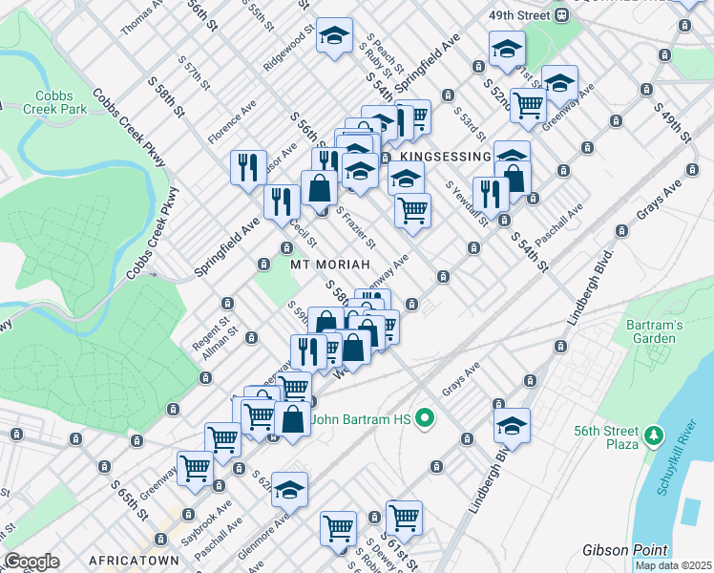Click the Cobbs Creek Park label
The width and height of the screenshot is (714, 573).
pos(61,102)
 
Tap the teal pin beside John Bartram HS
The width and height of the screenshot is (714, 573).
pos(427,417)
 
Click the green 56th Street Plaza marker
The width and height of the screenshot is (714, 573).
pos(653,436)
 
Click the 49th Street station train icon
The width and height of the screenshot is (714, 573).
pos(563,15)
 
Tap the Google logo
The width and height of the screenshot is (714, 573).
pos(31,561)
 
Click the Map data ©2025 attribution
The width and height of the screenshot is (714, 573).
pos(673,565)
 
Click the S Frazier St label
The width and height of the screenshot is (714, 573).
pos(355,226)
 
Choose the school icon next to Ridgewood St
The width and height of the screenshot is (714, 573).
pos(334,36)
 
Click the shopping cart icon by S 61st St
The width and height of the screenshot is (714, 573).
pos(404,517)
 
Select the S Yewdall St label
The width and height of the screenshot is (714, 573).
pos(466,203)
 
